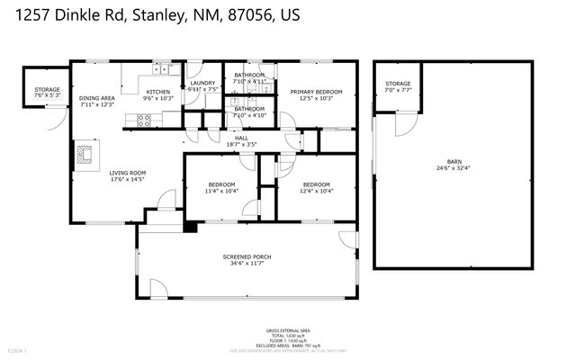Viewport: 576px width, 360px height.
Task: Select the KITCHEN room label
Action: (158, 92)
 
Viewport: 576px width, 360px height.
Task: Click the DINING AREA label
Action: (97, 98)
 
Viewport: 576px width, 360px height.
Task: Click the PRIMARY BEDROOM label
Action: (316, 91)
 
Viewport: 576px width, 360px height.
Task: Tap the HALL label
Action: (241, 138)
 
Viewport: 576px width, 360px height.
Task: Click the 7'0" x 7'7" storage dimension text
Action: (399, 91)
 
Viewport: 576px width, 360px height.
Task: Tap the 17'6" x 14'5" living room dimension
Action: (129, 180)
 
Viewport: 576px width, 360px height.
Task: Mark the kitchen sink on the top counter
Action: (159, 67)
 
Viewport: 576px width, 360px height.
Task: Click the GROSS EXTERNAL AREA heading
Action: (287, 330)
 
